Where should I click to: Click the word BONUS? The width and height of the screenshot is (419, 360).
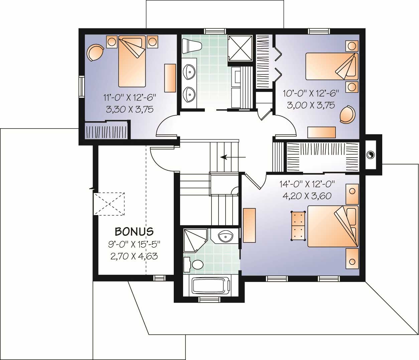[134, 231]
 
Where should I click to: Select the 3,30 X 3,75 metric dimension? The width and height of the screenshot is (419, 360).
[130, 109]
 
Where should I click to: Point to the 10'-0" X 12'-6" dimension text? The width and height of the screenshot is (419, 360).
[311, 93]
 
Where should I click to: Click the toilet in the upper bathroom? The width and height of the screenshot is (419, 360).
[191, 45]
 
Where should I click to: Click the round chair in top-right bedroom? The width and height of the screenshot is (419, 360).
[347, 114]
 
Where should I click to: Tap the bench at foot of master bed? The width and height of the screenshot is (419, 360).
[298, 226]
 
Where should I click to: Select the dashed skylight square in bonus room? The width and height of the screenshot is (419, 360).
[109, 204]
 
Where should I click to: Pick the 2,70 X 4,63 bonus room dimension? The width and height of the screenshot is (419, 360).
[134, 256]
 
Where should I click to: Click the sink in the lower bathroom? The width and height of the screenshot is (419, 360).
[226, 237]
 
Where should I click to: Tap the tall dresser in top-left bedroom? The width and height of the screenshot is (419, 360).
[170, 78]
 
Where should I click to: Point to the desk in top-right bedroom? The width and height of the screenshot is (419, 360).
[321, 132]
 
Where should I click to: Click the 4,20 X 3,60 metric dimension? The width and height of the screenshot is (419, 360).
[307, 196]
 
